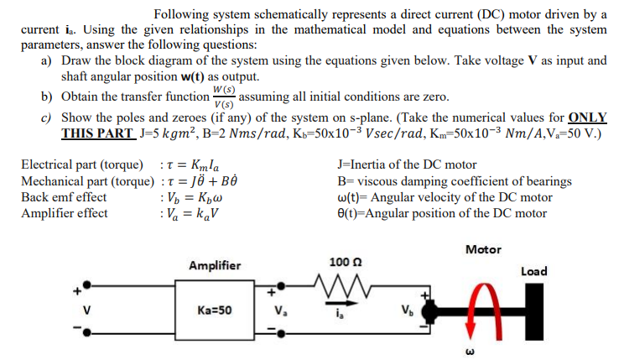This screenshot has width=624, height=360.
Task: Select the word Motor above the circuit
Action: point(482,249)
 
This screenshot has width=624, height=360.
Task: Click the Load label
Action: point(533,271)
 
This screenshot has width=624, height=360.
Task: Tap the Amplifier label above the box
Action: point(215,265)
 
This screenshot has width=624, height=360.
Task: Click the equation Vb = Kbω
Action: point(195,197)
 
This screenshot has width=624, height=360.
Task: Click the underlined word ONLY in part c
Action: point(587,117)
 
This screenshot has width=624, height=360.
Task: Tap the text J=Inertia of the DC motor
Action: point(406,165)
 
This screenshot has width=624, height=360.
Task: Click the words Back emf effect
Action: point(63,197)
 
